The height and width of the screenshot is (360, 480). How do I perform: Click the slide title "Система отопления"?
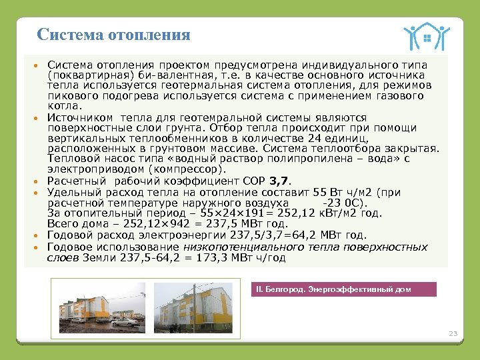coord(114,35)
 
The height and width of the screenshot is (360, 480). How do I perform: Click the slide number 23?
coord(453,333)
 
